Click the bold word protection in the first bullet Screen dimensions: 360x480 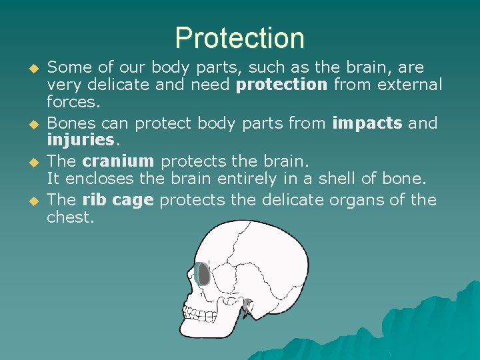click(282, 85)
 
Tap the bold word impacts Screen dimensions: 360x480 click(367, 123)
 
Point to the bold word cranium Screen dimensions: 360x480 click(118, 161)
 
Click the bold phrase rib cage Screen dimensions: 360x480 click(119, 200)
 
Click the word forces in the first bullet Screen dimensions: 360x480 click(73, 103)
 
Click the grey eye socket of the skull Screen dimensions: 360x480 click(203, 275)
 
